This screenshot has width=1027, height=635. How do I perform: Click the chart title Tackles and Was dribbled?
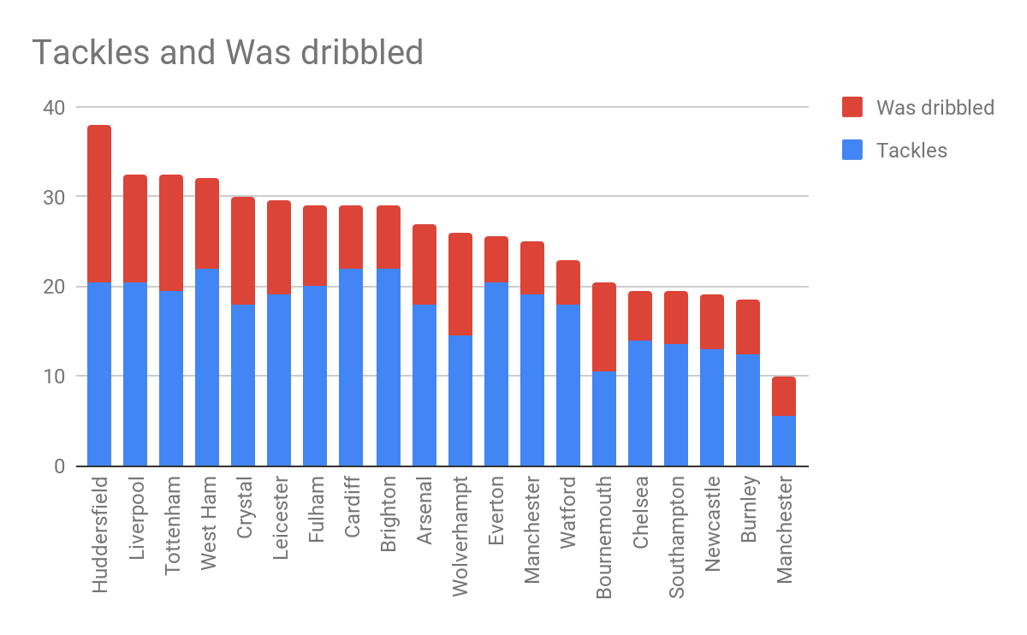(228, 53)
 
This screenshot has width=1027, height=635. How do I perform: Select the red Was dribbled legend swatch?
(852, 107)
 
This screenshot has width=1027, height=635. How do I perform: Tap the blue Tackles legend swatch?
(852, 151)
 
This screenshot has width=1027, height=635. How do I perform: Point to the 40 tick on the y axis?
(53, 107)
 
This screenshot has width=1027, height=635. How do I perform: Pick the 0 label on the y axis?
(58, 466)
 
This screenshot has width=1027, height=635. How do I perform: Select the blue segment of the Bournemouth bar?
(603, 418)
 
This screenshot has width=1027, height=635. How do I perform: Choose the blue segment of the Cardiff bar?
(352, 368)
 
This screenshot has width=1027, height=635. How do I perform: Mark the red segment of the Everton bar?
(496, 259)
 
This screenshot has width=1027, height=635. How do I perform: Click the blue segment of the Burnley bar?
(747, 410)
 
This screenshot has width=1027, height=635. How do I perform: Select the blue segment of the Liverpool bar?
(135, 374)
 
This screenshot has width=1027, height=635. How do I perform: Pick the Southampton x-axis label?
(675, 537)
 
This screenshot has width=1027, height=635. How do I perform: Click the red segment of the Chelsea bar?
(639, 316)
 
